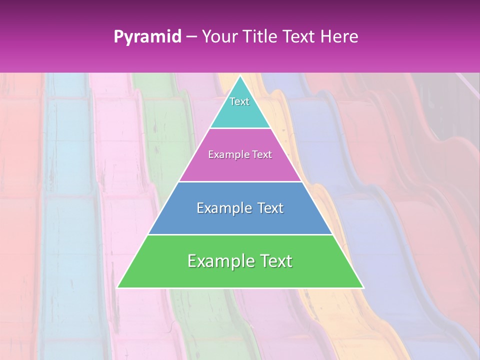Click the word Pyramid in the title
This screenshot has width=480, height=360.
(147, 37)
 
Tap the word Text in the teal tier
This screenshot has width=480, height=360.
(239, 101)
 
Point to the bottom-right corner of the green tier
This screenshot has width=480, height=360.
(363, 287)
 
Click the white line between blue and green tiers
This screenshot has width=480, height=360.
(240, 234)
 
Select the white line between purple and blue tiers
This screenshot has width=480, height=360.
(240, 181)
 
